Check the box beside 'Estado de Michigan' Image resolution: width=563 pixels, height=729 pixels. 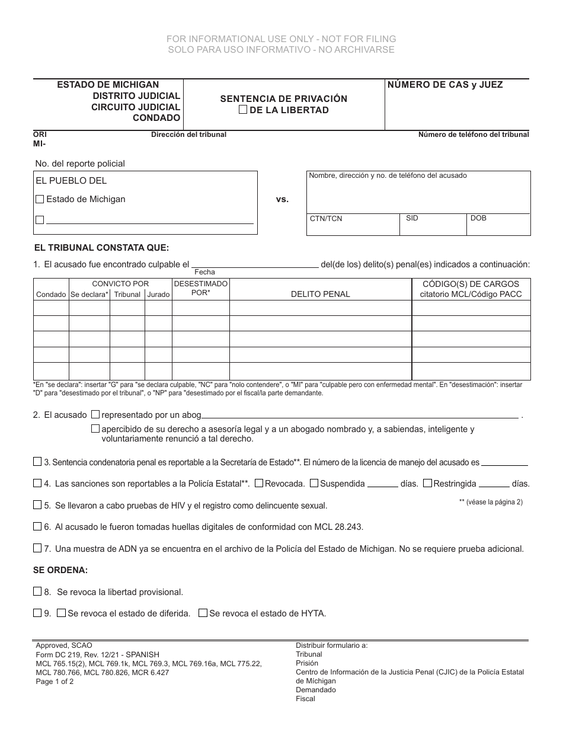(x=40, y=200)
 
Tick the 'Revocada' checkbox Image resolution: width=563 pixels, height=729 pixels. (x=259, y=484)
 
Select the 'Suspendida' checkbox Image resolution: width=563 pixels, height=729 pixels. (x=314, y=484)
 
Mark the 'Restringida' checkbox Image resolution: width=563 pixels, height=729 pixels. (x=428, y=484)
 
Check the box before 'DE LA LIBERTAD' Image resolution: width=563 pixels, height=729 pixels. (x=242, y=110)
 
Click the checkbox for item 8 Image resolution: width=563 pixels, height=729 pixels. (x=37, y=591)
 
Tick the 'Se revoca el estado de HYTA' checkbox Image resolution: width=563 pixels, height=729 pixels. (x=203, y=613)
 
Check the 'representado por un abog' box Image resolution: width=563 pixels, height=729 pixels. (x=95, y=415)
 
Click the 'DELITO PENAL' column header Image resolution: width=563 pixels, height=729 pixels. (x=320, y=294)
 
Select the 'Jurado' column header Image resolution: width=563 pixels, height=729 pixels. (x=158, y=295)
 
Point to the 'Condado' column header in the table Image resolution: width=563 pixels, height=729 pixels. (x=51, y=295)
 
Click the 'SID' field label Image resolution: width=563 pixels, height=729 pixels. (x=412, y=218)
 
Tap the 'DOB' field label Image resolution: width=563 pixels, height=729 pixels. (x=478, y=218)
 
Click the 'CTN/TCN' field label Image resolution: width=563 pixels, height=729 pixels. (x=326, y=219)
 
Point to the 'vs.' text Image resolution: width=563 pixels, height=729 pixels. (x=282, y=200)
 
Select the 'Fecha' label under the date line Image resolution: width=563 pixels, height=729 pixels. (x=204, y=272)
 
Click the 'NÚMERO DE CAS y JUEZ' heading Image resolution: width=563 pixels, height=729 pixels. (x=445, y=85)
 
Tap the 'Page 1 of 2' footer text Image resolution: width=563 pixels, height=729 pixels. (x=55, y=682)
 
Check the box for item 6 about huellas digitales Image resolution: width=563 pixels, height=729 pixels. (x=37, y=526)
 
